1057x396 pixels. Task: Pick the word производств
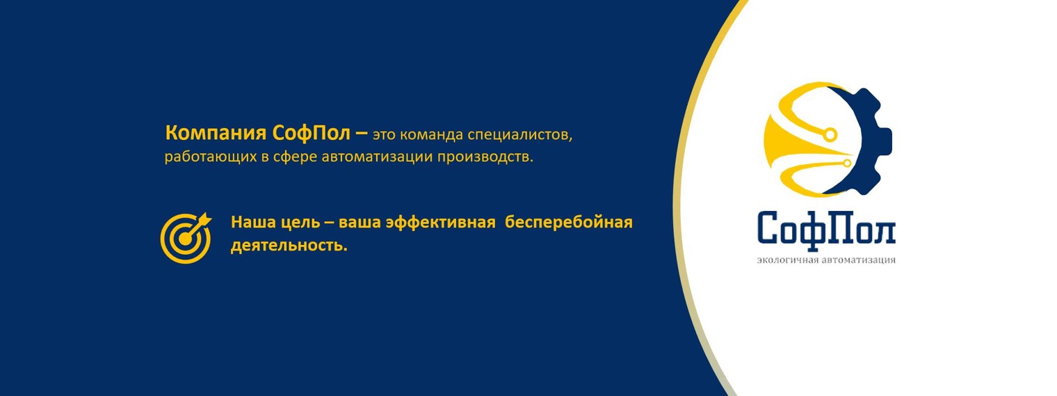(x=485, y=157)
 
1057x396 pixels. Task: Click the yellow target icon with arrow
(x=185, y=237)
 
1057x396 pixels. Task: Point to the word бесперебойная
(x=569, y=223)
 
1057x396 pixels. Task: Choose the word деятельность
(x=289, y=246)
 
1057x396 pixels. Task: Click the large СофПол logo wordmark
(x=826, y=229)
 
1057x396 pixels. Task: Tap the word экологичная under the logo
(x=789, y=261)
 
